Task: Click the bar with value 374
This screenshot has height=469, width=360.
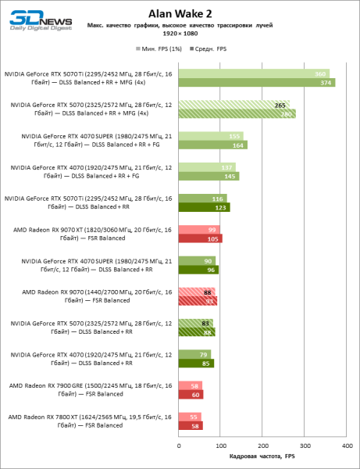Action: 256,83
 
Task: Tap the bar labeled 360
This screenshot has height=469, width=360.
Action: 254,73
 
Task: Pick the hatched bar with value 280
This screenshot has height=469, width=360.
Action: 237,113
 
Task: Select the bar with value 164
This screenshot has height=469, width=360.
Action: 212,145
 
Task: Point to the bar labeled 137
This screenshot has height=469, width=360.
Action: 207,166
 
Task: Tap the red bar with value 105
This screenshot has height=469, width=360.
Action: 201,238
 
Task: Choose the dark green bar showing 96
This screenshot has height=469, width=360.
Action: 198,270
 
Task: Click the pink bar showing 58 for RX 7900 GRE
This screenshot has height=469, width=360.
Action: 191,385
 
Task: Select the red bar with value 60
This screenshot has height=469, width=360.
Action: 191,395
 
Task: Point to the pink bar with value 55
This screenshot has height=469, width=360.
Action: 190,417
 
